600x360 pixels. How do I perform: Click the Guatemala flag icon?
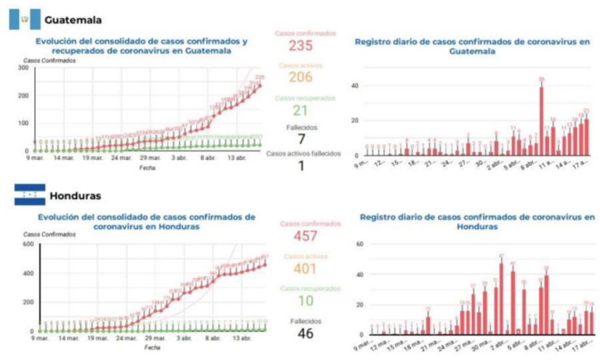pyautogui.click(x=24, y=18)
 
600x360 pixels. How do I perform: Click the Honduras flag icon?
pyautogui.click(x=30, y=195)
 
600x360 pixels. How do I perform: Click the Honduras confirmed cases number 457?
pyautogui.click(x=305, y=236)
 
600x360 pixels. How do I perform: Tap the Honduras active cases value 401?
pyautogui.click(x=305, y=269)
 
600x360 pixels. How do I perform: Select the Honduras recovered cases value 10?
pyautogui.click(x=305, y=302)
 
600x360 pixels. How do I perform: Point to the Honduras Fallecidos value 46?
pyautogui.click(x=305, y=335)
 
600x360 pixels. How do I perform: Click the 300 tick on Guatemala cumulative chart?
pyautogui.click(x=23, y=68)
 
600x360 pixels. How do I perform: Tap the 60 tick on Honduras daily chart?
pyautogui.click(x=359, y=244)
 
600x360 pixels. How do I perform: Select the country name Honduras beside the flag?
pyautogui.click(x=76, y=196)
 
